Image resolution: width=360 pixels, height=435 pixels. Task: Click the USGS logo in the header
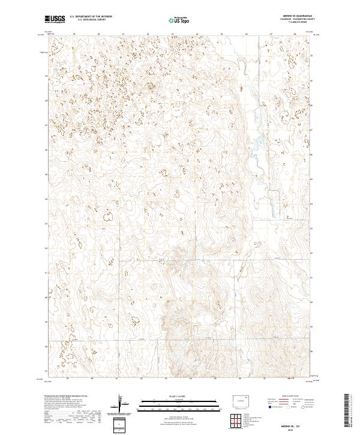click(x=55, y=19)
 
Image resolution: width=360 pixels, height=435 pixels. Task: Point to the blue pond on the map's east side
click(x=259, y=143)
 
